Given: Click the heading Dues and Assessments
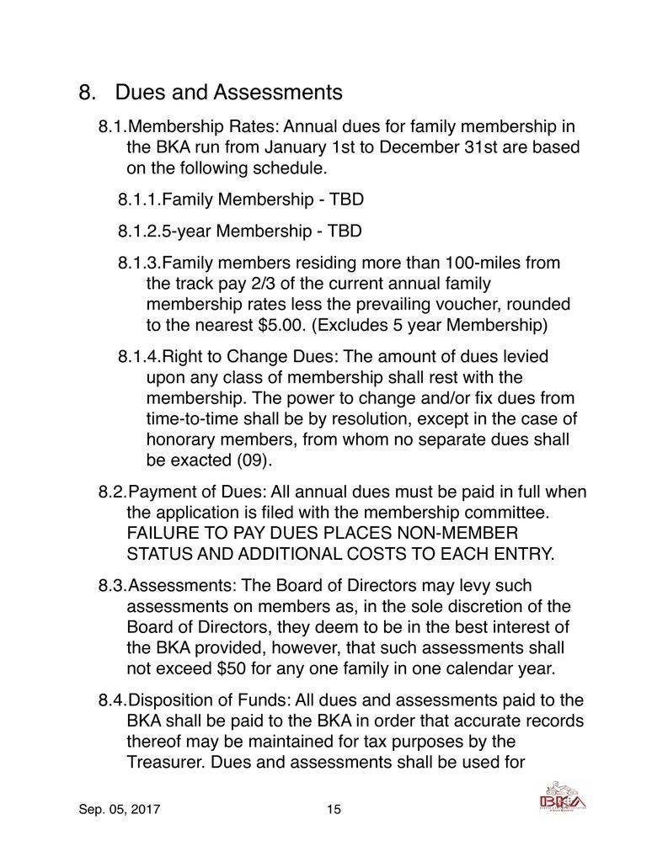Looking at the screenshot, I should (x=228, y=91).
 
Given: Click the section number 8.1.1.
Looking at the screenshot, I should (x=139, y=200).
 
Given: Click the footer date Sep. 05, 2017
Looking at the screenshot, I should (x=120, y=810).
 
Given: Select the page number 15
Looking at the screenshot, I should (x=333, y=810).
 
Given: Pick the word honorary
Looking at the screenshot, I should (x=182, y=439).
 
